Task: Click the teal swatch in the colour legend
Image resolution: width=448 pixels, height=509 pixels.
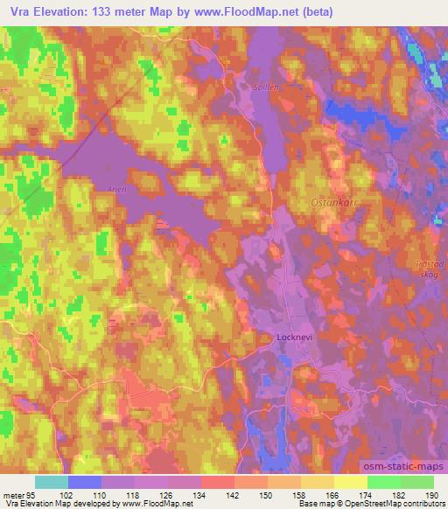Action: [52, 481]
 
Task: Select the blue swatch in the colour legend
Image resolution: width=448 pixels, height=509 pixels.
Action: [85, 481]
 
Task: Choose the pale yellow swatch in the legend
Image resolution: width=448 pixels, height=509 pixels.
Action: [350, 481]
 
